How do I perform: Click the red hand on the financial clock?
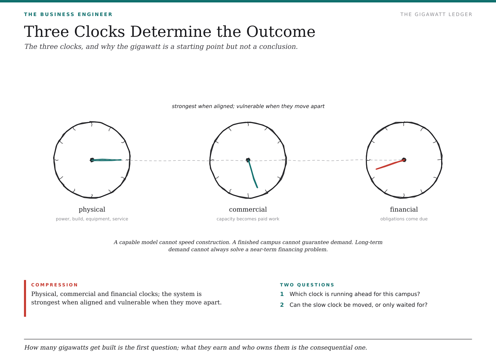pos(390,165)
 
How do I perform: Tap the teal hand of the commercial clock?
pos(253,174)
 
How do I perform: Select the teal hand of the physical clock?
pos(106,160)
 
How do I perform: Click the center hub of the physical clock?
pos(92,160)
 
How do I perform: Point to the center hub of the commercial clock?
pos(248,160)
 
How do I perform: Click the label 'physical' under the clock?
pos(92,209)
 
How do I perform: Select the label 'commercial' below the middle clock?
pos(248,209)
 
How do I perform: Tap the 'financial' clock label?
pos(404,209)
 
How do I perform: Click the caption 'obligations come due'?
pos(404,219)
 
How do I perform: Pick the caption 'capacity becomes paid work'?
pos(248,219)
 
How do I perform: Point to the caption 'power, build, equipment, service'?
pos(92,219)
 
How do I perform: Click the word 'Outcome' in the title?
pos(281,32)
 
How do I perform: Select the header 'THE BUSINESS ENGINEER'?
pos(68,14)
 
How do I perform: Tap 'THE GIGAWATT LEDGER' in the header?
pos(436,14)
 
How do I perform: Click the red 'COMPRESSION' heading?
pos(55,285)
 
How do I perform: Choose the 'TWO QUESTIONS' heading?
pos(307,285)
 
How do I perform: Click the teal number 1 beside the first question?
pos(282,294)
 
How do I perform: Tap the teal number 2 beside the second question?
pos(282,305)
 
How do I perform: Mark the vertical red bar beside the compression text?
pos(25,298)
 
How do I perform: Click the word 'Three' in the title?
pos(46,32)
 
